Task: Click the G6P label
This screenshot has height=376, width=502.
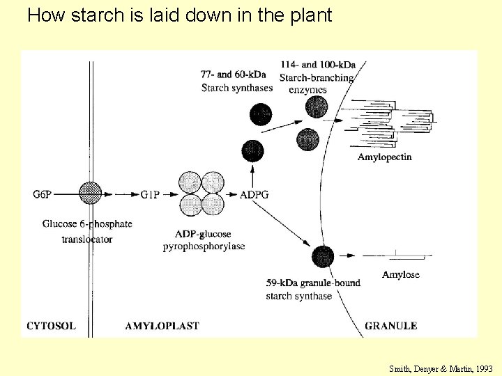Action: [42, 194]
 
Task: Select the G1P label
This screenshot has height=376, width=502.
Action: [151, 194]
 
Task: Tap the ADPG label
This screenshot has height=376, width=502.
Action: [254, 194]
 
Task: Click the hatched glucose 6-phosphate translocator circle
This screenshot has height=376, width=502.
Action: [90, 193]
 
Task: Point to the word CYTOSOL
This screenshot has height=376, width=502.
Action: [51, 325]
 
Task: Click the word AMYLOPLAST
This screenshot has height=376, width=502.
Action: [162, 325]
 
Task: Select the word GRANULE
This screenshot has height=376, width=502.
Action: [390, 325]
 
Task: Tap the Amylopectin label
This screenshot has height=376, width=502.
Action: [384, 157]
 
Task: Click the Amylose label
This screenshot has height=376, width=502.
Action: [400, 274]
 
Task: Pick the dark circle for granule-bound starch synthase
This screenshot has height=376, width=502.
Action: [323, 256]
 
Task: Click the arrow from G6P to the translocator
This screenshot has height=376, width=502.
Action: [66, 194]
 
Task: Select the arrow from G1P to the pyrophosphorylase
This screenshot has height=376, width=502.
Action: [171, 194]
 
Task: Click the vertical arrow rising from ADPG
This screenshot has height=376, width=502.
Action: [252, 174]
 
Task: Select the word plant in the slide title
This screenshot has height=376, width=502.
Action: [310, 15]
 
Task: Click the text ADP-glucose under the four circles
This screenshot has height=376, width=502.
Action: [204, 234]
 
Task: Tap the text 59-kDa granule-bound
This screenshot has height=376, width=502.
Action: [313, 283]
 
